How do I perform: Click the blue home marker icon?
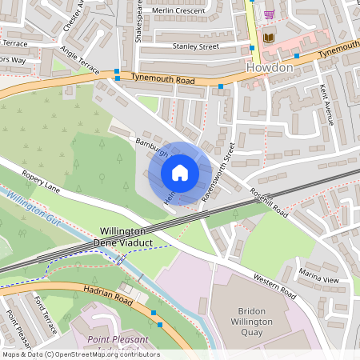(180, 172)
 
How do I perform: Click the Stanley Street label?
(195, 47)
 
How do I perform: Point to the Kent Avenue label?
(326, 95)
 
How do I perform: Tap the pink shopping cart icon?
(270, 14)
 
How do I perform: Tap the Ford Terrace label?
(46, 313)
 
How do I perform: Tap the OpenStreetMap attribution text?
(80, 354)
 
